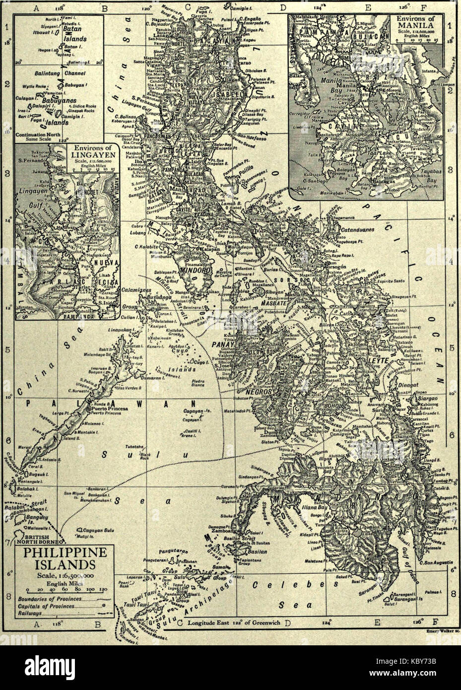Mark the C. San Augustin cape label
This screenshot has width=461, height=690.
point(437,562)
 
